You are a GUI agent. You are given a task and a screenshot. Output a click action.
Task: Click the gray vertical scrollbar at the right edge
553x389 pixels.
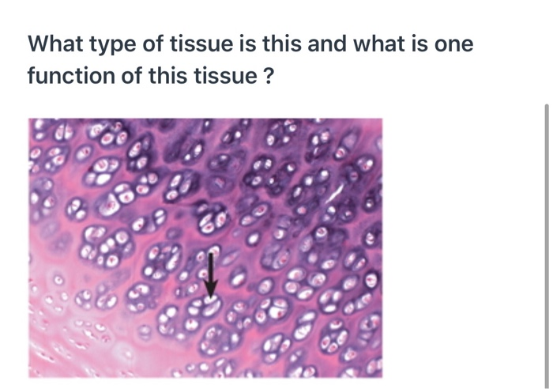click(x=546, y=237)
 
